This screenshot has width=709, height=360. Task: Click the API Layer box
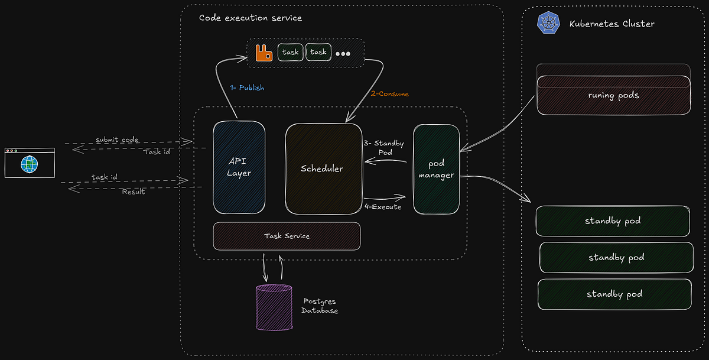point(239,167)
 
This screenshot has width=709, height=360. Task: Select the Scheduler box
point(323,168)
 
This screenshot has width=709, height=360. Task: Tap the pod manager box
point(436,169)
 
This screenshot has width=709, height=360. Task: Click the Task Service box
point(287,236)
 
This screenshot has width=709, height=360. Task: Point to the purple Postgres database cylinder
point(274,307)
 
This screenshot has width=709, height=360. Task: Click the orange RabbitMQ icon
point(264,53)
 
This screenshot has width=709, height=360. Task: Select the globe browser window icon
point(29,163)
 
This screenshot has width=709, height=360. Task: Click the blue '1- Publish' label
point(247,87)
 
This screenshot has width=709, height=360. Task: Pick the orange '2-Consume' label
point(389,93)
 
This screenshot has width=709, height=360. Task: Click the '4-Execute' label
point(383,207)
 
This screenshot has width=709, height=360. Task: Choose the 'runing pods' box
point(613,95)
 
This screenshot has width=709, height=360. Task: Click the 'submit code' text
point(117,140)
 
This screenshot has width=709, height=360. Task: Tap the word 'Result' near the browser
point(134,192)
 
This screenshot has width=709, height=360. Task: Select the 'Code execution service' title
point(250,18)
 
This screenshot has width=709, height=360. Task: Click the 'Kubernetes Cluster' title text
point(612,24)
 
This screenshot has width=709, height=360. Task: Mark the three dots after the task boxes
point(343,53)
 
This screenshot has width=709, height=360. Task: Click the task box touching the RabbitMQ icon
point(290,52)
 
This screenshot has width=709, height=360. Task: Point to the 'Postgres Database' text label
point(320,306)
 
